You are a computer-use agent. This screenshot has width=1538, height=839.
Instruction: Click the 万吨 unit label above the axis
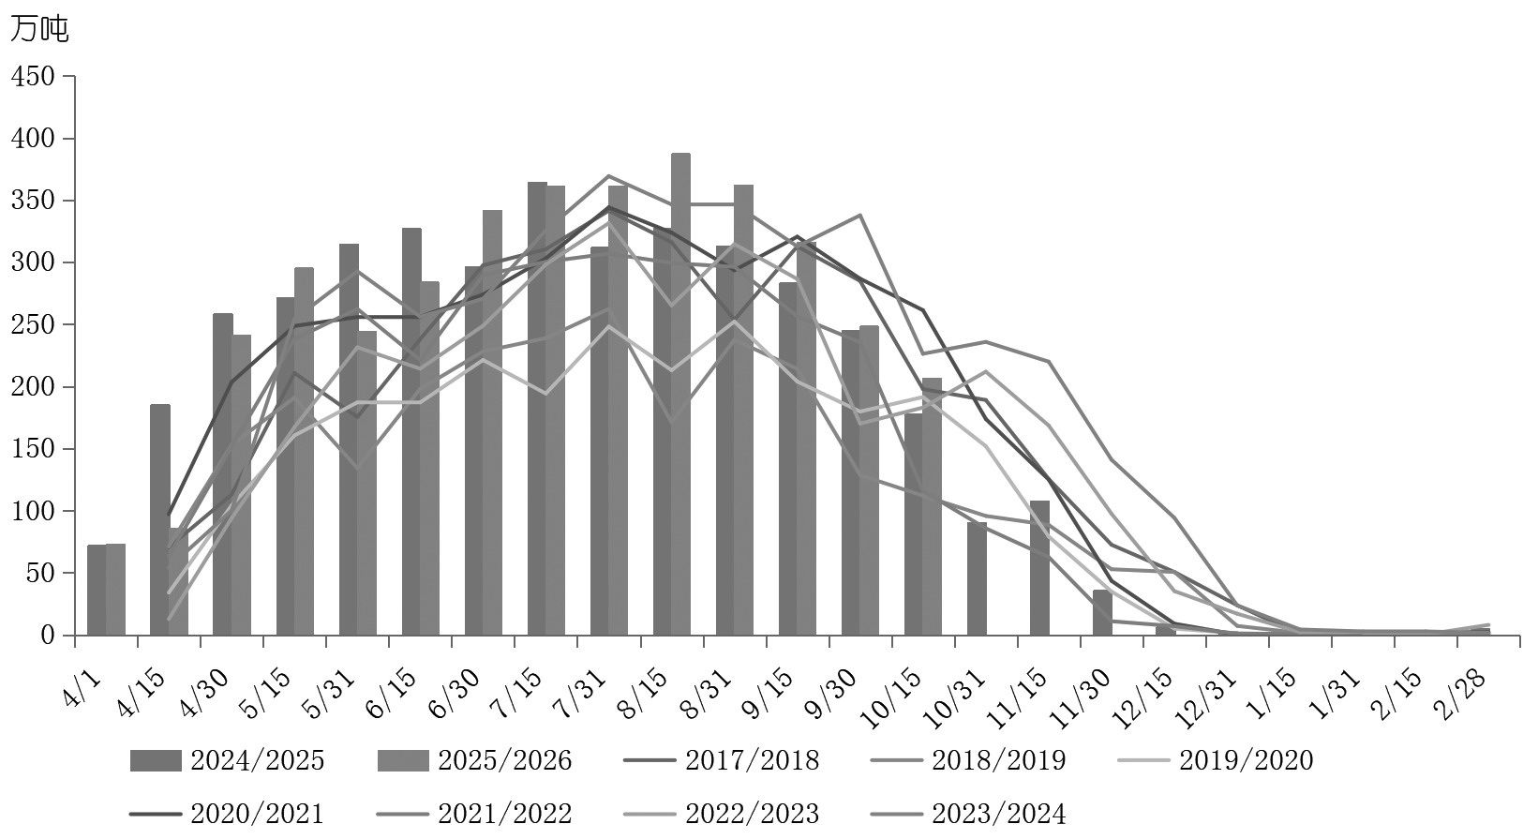[x=38, y=29]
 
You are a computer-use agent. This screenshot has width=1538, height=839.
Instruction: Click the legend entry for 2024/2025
[x=229, y=760]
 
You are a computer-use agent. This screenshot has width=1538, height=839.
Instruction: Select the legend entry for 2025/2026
[x=475, y=760]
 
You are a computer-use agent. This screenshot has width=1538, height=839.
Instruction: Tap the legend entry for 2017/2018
[x=723, y=760]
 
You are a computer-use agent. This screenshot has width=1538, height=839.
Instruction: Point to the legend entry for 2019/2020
[x=1217, y=760]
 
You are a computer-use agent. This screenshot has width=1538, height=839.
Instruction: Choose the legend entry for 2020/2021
[x=229, y=814]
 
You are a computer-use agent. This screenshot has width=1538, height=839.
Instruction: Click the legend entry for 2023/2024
[x=970, y=814]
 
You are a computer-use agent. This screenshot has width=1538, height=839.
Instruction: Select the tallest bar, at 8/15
[x=680, y=394]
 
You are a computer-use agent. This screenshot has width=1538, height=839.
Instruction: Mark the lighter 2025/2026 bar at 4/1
[x=115, y=590]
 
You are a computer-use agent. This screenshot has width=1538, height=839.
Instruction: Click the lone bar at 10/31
[x=977, y=578]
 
